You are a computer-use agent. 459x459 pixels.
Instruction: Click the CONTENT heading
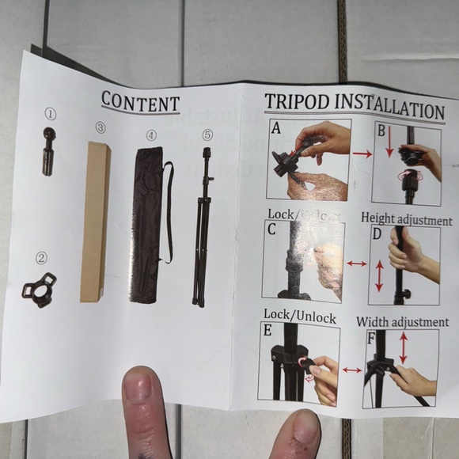click(x=140, y=102)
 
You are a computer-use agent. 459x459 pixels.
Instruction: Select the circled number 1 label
click(x=50, y=114)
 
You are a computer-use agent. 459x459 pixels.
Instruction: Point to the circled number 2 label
click(x=41, y=258)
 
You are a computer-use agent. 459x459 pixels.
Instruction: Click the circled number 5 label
click(x=207, y=135)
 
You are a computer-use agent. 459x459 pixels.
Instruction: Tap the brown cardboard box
click(x=94, y=222)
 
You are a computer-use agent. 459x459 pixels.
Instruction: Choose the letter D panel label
click(x=377, y=234)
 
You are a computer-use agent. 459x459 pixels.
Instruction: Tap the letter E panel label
click(x=268, y=331)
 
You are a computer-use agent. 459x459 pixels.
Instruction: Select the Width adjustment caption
click(x=402, y=322)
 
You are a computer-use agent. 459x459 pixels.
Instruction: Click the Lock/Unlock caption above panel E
click(x=302, y=317)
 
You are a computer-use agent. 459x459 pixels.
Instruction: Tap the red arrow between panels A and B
click(x=362, y=154)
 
